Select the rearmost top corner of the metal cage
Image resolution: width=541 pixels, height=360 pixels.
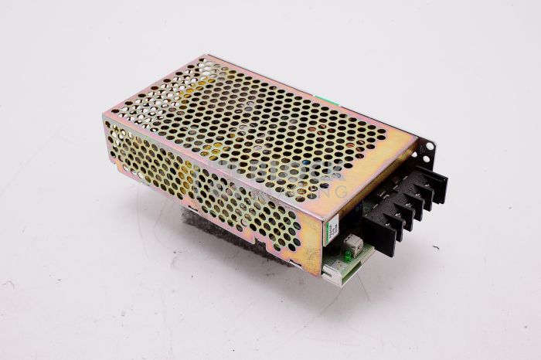pyautogui.click(x=204, y=56)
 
